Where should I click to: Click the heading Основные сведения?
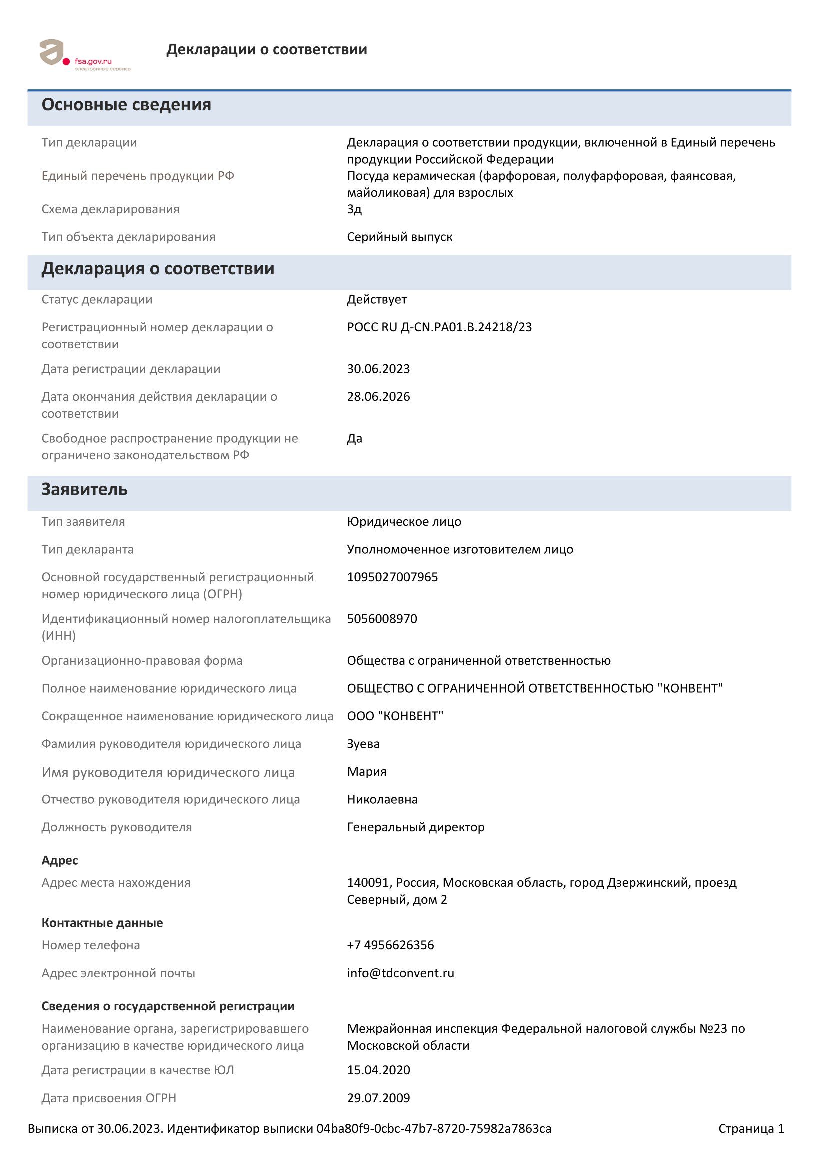pos(126,105)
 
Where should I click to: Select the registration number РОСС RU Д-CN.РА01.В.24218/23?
pos(439,327)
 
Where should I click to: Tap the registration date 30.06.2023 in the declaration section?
pos(378,369)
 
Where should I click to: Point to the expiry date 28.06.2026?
pos(378,397)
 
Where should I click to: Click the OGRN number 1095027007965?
pos(392,577)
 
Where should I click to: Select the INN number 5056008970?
pos(382,619)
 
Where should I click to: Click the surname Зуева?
pos(363,744)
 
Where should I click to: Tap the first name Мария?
pos(366,771)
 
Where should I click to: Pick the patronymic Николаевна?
pos(382,799)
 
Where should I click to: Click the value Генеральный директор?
pos(415,827)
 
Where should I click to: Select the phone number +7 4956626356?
pos(390,945)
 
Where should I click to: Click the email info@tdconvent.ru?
pos(400,973)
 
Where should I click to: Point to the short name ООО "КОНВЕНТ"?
pos(395,716)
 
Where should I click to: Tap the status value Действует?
pos(376,300)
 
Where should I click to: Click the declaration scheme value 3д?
pos(354,210)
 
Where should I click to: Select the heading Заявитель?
pos(84,490)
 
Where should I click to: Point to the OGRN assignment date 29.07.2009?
pos(378,1098)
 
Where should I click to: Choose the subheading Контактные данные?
pos(102,923)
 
